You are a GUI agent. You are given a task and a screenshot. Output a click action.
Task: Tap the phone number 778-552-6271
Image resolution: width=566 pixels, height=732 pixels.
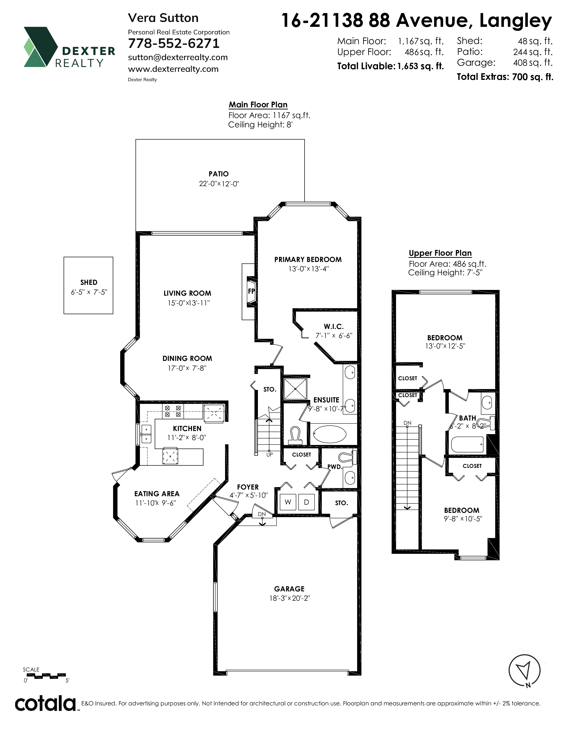click(174, 43)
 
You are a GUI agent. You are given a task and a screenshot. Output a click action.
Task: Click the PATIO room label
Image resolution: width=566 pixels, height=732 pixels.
click(219, 174)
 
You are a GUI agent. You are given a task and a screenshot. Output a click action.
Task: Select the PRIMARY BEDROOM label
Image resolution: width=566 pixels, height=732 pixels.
click(308, 260)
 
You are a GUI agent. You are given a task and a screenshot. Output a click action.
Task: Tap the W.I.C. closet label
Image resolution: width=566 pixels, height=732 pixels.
click(334, 327)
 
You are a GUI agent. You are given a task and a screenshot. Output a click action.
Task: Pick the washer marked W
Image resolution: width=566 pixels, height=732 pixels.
click(288, 502)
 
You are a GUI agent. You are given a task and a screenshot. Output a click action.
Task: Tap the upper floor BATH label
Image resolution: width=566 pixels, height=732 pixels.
click(467, 418)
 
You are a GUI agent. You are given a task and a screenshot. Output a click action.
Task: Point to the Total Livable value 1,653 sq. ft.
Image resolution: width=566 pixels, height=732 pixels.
click(420, 66)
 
